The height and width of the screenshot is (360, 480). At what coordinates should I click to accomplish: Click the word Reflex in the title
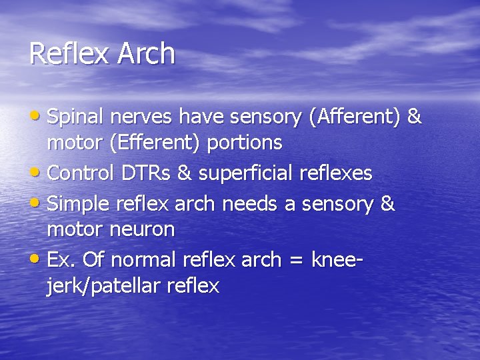[x=70, y=54]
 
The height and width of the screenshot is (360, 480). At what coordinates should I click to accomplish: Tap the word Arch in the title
[x=146, y=54]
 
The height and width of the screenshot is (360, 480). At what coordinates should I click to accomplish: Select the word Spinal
[x=75, y=117]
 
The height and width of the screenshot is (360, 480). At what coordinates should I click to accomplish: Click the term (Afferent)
[x=354, y=117]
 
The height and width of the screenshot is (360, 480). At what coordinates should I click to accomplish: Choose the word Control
[x=82, y=173]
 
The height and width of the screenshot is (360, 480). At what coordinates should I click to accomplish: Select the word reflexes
[x=336, y=173]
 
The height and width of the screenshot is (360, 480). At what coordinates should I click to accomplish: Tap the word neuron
[x=143, y=230]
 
